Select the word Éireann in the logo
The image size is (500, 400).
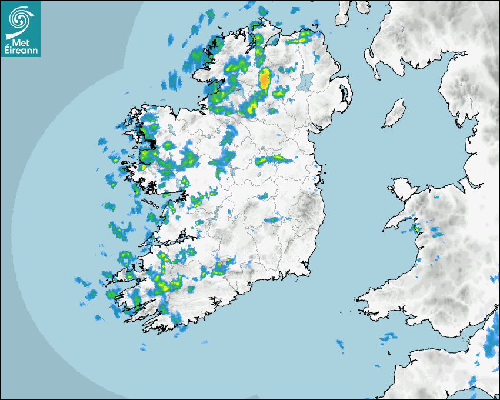pos(21,50)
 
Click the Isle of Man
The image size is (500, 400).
pos(394,114)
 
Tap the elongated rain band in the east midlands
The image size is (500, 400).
pos(274,159)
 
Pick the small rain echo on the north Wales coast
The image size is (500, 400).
pos(415,227)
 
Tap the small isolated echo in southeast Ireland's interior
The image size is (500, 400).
pos(272,220)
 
